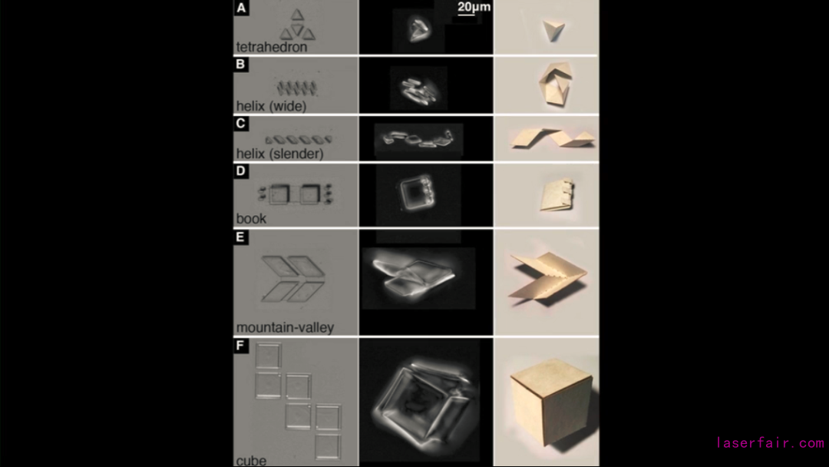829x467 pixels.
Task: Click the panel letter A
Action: (241, 8)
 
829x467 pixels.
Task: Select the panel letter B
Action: (240, 65)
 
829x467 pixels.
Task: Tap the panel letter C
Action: (240, 123)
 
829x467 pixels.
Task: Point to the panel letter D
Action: (240, 171)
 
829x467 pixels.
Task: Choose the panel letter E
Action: (240, 237)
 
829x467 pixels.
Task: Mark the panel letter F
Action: (240, 346)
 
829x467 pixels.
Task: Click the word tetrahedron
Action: (271, 47)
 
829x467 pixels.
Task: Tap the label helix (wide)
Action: (271, 106)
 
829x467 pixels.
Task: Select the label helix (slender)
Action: (279, 154)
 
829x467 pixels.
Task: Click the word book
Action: (251, 218)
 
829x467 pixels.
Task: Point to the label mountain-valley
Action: (285, 327)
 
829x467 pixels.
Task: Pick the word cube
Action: (251, 461)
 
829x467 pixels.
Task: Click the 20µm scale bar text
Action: (474, 7)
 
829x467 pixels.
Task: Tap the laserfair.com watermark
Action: (771, 442)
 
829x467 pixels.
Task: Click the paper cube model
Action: (550, 402)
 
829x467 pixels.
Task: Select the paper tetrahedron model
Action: (553, 31)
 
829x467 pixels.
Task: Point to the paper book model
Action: (557, 195)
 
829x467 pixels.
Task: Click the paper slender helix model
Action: (553, 138)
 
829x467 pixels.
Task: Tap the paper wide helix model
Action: (555, 84)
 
